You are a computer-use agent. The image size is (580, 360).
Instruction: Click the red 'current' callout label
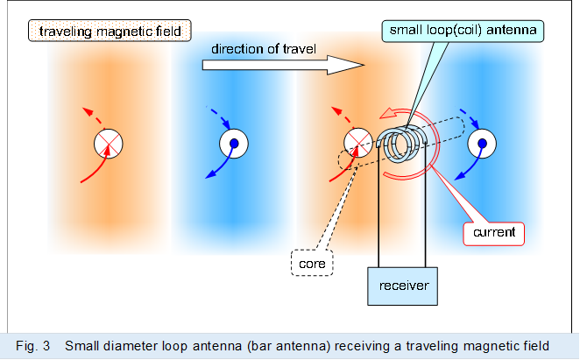click(493, 233)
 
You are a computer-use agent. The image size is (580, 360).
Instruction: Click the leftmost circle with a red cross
click(110, 143)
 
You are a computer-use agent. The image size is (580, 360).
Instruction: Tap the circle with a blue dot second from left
click(234, 143)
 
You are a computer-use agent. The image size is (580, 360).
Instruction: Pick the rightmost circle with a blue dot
click(480, 143)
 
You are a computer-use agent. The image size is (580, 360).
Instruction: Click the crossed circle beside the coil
click(357, 143)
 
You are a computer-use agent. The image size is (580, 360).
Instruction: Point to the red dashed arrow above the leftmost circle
click(91, 116)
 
